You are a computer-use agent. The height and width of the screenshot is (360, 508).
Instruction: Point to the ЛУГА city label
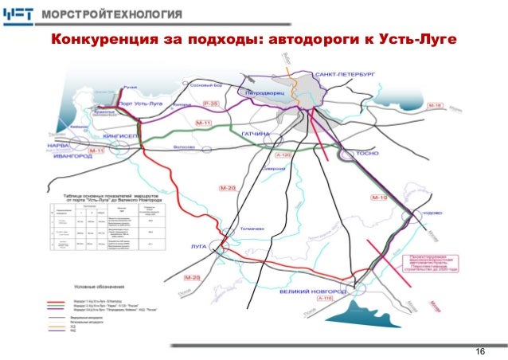click(198, 247)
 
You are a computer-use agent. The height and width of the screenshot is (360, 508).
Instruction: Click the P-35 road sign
click(210, 104)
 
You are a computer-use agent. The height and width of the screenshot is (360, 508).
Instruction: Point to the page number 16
click(479, 352)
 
